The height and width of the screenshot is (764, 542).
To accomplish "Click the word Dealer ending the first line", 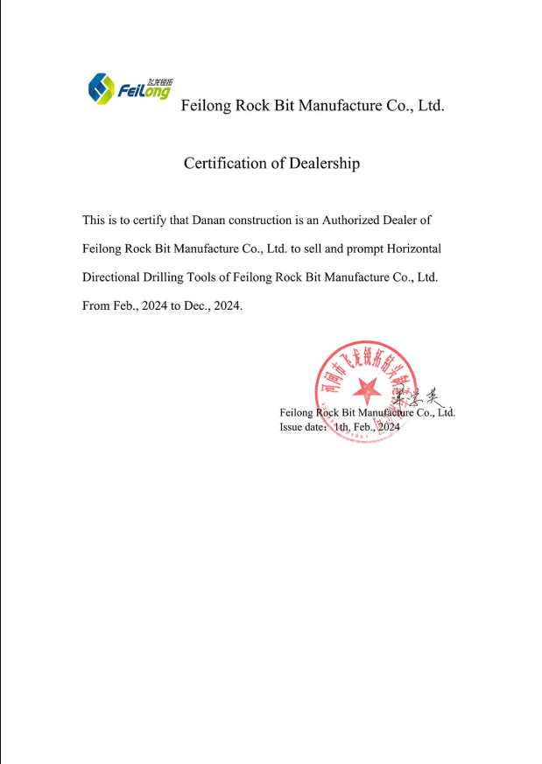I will pos(412,220).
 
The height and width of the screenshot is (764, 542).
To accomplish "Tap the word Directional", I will pos(113,277).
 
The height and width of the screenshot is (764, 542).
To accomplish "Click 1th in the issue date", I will pos(340,426).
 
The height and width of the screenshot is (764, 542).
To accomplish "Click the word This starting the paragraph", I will pos(94,220).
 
